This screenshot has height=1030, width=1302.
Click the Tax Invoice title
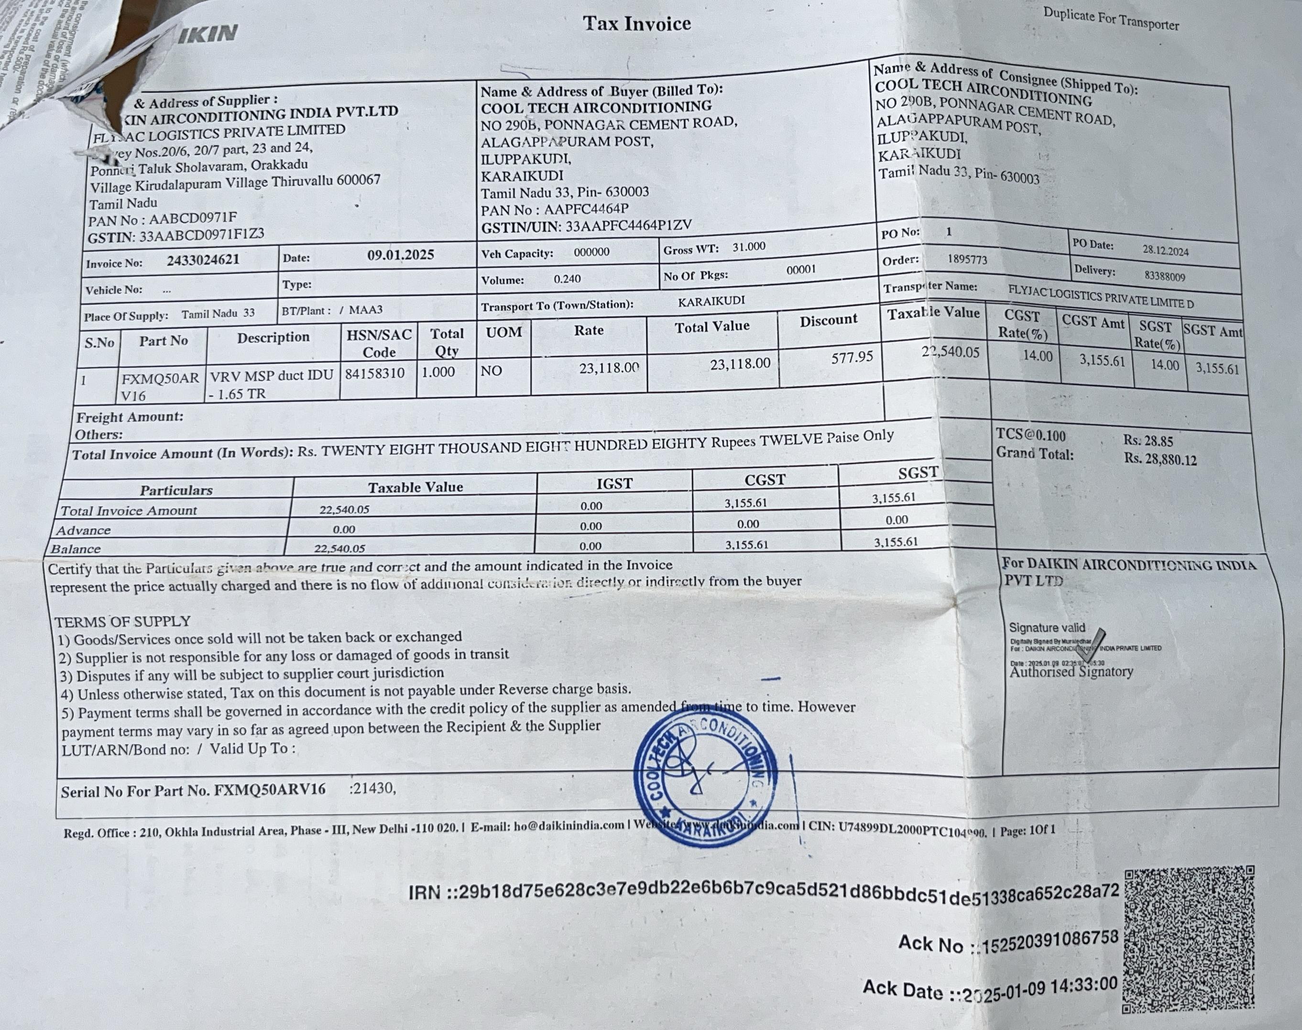[x=636, y=24]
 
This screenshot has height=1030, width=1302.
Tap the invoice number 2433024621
[x=203, y=261]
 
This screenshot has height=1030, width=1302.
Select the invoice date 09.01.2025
[x=400, y=255]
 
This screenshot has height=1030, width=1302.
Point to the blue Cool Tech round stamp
[x=706, y=776]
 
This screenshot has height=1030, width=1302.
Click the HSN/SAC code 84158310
[x=374, y=374]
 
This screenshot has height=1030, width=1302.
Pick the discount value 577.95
[x=852, y=358]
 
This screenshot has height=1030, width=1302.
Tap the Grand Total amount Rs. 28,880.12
[x=1160, y=460]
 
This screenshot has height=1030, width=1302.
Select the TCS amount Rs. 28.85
[x=1148, y=441]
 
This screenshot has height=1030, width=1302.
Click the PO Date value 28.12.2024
[x=1165, y=250]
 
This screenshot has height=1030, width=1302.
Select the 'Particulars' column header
[x=176, y=490]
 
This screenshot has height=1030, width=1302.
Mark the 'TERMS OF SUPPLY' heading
[x=122, y=622]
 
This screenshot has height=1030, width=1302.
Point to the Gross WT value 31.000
[x=748, y=247]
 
